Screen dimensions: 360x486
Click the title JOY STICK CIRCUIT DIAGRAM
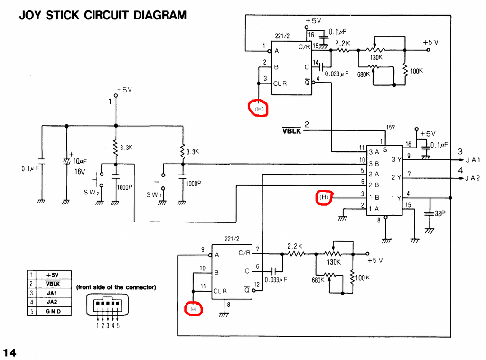(x=103, y=15)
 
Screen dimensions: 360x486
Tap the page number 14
(x=9, y=352)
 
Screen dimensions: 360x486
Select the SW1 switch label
(x=154, y=195)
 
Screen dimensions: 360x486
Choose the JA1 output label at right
(x=473, y=160)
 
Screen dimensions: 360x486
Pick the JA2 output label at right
(x=473, y=178)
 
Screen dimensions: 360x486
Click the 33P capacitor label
(x=440, y=213)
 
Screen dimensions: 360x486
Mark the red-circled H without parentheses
(x=193, y=309)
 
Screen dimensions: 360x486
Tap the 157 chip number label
(x=391, y=127)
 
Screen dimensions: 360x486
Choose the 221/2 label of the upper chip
(x=282, y=36)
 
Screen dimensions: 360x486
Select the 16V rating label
(x=79, y=172)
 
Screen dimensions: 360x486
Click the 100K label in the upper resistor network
(x=416, y=71)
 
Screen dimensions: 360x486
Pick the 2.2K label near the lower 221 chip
(x=295, y=246)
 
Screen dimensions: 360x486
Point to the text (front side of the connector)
(x=116, y=287)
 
